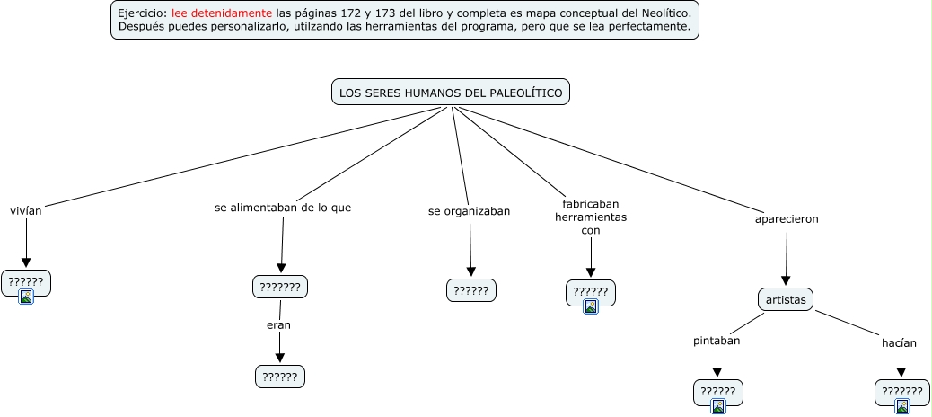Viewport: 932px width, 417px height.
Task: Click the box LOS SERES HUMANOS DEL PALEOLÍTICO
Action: coord(451,93)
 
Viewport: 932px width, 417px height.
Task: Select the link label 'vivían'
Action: coord(26,211)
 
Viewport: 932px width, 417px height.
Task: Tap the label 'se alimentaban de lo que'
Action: coord(283,208)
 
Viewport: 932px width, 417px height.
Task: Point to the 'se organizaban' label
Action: coord(469,211)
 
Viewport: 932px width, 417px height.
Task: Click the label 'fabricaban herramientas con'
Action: coord(591,217)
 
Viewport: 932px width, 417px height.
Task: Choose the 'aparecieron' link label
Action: coord(787,218)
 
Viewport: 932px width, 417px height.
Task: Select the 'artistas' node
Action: coord(786,298)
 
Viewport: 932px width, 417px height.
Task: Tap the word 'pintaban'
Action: coord(717,341)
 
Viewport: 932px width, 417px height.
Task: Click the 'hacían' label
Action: coord(900,342)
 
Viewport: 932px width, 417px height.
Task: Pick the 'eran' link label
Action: coord(279,324)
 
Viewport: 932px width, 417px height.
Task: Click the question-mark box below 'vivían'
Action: coord(26,281)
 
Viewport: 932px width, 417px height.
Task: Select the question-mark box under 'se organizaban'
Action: coord(471,290)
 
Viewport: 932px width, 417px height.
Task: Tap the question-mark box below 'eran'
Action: coord(280,377)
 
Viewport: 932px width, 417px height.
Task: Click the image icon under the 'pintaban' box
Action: coord(718,405)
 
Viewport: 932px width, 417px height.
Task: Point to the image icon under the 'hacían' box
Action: coord(901,405)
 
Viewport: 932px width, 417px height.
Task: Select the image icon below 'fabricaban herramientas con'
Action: coord(591,306)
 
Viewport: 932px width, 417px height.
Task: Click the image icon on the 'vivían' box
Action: coord(26,296)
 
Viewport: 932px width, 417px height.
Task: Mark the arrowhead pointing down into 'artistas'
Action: coord(786,279)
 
